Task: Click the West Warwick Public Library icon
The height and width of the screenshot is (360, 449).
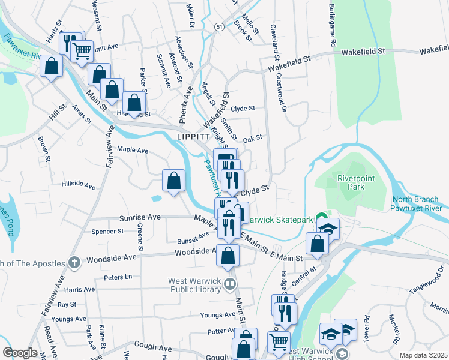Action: point(229,283)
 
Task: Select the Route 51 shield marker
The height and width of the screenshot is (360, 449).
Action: point(220,27)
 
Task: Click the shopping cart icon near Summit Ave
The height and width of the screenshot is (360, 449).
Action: point(82,50)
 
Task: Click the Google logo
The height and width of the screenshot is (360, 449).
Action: point(20,353)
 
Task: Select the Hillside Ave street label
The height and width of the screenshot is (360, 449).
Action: point(78,186)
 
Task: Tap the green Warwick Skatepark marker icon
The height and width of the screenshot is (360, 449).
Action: point(322,219)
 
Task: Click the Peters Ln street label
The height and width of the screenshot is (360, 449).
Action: point(117,277)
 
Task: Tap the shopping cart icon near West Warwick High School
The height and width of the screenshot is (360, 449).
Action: point(279,342)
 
